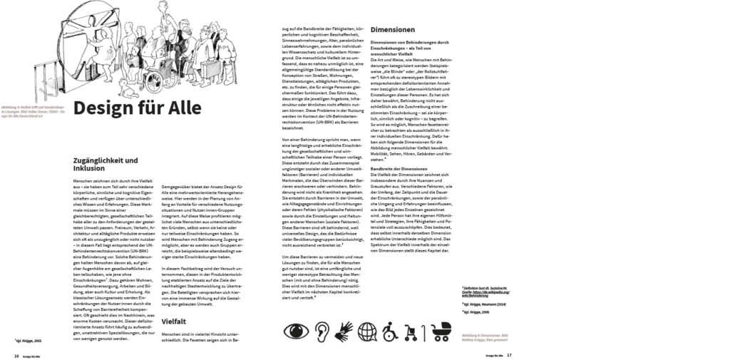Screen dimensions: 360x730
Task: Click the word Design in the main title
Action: (x=108, y=109)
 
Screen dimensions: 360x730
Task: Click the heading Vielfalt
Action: (x=175, y=322)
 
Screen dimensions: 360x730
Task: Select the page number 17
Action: (x=509, y=354)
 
